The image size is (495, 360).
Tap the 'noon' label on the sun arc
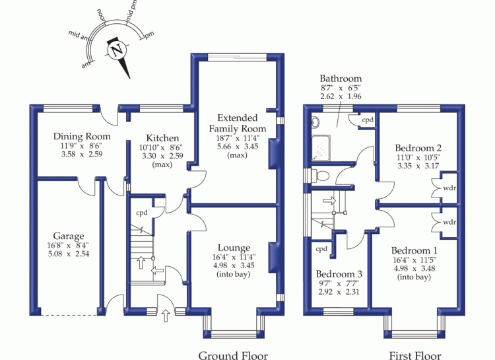click(x=102, y=15)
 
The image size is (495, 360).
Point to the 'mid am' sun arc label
click(x=78, y=36)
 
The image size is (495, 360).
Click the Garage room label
click(x=69, y=236)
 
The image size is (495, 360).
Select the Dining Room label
click(x=82, y=137)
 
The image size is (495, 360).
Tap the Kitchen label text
click(x=162, y=138)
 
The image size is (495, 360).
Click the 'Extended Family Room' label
click(x=238, y=124)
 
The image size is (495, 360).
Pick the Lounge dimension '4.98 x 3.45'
click(x=234, y=266)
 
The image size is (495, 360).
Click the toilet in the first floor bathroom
click(x=320, y=175)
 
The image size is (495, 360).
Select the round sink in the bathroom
click(x=315, y=122)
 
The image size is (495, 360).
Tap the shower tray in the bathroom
click(x=321, y=149)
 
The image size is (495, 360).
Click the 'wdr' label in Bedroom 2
click(x=449, y=188)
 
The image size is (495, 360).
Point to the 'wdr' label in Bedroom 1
click(x=449, y=222)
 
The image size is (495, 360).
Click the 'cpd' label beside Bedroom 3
click(x=321, y=249)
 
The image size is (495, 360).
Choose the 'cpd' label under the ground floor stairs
click(x=142, y=213)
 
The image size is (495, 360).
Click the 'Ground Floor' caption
click(x=233, y=355)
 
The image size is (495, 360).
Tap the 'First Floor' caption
click(x=415, y=355)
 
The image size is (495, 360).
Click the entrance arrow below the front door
click(x=166, y=316)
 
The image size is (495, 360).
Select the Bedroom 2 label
click(x=418, y=148)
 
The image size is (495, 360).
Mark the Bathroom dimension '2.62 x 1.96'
click(x=341, y=96)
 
